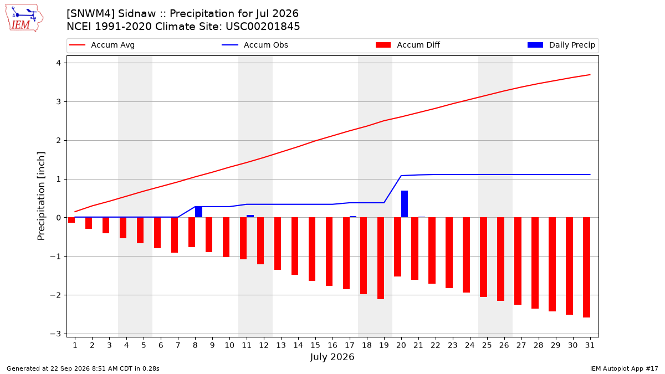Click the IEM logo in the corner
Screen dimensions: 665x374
(x=24, y=18)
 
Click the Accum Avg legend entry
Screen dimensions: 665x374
(x=102, y=45)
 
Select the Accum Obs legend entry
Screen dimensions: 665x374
(x=255, y=45)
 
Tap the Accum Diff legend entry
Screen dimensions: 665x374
(x=408, y=45)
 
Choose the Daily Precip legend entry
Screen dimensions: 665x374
(x=561, y=45)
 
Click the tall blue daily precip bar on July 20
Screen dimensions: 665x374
(x=405, y=204)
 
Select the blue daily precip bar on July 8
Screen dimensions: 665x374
(x=198, y=212)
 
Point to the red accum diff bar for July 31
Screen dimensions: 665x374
(x=586, y=268)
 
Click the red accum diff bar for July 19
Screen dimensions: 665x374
(x=381, y=258)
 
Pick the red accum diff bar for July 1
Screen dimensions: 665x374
(x=71, y=220)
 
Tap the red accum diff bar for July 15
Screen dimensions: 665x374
(x=312, y=249)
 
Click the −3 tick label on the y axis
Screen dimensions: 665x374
(x=55, y=334)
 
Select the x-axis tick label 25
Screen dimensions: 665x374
(x=487, y=345)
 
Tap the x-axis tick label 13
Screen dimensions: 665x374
(x=281, y=345)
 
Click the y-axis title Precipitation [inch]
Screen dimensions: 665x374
(x=41, y=196)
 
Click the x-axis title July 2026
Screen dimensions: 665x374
(x=332, y=357)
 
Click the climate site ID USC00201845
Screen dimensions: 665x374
(x=263, y=27)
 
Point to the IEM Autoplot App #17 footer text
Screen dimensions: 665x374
(x=624, y=368)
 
